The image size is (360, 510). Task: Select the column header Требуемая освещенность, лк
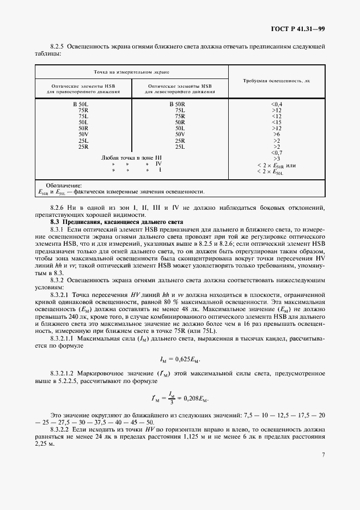pyautogui.click(x=277, y=80)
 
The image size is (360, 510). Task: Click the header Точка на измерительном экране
pyautogui.click(x=131, y=71)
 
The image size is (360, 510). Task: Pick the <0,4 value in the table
pyautogui.click(x=277, y=104)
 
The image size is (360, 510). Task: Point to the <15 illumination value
pyautogui.click(x=277, y=122)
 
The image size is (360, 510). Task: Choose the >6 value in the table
pyautogui.click(x=277, y=134)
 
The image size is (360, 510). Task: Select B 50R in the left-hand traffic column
pyautogui.click(x=178, y=104)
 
